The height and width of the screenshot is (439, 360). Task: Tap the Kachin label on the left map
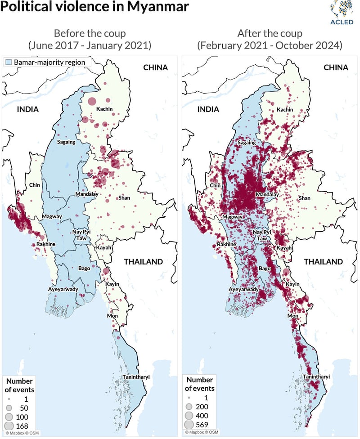[103, 109]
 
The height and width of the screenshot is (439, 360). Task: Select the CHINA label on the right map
[336, 67]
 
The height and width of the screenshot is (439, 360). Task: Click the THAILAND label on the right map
[323, 262]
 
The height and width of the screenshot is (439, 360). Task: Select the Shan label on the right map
[305, 198]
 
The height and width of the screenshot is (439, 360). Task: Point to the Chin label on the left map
[35, 185]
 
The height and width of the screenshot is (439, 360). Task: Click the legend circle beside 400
[189, 416]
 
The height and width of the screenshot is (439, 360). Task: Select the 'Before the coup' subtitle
[90, 33]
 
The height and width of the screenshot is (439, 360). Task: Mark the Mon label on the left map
[112, 316]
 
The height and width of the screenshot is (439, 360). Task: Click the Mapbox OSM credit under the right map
[198, 433]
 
